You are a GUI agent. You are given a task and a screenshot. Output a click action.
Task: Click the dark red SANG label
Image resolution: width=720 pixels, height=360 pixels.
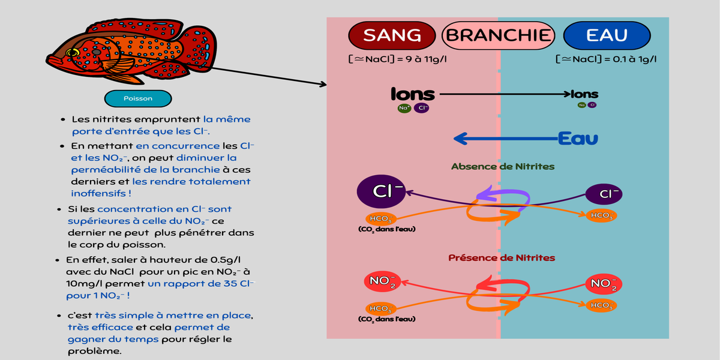(x=392, y=35)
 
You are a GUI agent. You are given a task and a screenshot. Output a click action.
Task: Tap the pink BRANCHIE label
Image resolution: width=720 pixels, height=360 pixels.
(x=498, y=35)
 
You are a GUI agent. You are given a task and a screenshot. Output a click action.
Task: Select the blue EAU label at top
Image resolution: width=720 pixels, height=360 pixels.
(x=607, y=35)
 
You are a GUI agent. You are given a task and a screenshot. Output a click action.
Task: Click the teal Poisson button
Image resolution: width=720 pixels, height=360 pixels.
(x=138, y=98)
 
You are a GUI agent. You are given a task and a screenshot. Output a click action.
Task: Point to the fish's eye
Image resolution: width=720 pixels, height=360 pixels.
(x=73, y=53)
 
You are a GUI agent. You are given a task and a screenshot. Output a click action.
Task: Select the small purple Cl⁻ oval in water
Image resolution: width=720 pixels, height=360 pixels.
(x=603, y=194)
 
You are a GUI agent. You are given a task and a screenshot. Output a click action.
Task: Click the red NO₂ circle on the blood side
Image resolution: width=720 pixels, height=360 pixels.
(x=382, y=281)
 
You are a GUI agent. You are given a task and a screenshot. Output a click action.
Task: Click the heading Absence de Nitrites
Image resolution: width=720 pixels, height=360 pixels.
(x=503, y=166)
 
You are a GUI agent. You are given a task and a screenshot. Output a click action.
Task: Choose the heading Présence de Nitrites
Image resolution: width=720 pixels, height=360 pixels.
(x=502, y=258)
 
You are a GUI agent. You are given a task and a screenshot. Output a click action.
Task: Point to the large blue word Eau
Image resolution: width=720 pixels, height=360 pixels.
(x=578, y=139)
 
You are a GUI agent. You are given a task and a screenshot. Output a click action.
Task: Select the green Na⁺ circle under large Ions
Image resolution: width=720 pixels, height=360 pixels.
(x=404, y=109)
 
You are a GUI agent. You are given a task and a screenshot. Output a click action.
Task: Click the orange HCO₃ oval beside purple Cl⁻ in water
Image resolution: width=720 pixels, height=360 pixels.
(x=601, y=215)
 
